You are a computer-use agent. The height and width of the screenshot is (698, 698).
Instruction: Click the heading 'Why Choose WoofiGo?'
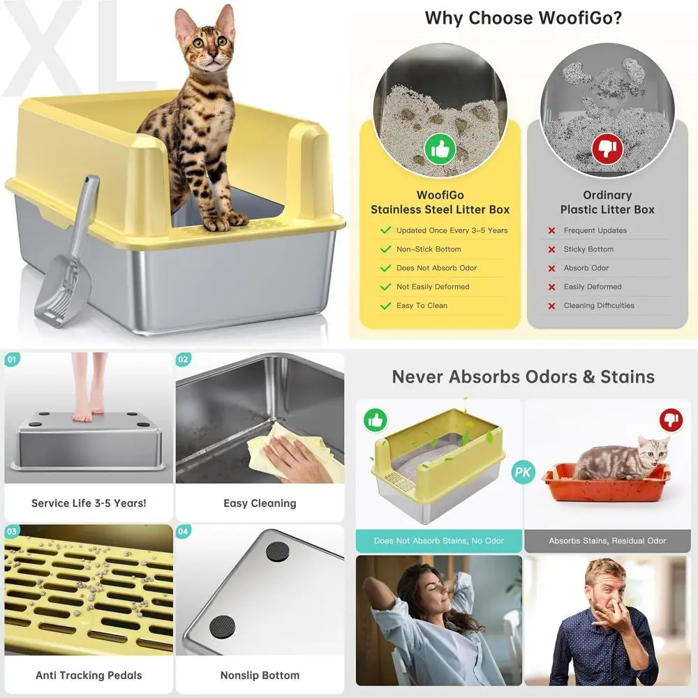(x=523, y=18)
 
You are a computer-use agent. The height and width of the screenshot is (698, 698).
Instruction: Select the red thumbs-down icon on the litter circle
(x=607, y=147)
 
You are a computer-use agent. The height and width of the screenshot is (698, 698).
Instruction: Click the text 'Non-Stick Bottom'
(x=429, y=249)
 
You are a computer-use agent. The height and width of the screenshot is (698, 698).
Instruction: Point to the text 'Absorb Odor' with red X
(x=586, y=268)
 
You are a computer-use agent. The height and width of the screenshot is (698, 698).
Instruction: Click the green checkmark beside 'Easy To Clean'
(x=385, y=306)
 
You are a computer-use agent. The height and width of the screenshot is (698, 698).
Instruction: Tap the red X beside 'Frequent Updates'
(x=551, y=230)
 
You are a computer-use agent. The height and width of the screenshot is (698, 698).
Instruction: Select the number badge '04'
(x=183, y=532)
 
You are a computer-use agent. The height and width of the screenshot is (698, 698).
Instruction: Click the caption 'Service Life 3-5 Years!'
(x=89, y=503)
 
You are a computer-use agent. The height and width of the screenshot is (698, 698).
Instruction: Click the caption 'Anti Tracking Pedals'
(x=89, y=675)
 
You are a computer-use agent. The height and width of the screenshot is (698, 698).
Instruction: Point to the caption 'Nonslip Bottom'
(x=260, y=675)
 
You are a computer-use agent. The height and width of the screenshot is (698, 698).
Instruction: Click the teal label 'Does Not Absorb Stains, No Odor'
(x=439, y=541)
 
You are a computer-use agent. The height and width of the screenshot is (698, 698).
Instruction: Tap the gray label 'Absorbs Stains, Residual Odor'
(x=607, y=541)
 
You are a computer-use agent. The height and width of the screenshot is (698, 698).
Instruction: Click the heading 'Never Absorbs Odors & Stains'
(x=523, y=377)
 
